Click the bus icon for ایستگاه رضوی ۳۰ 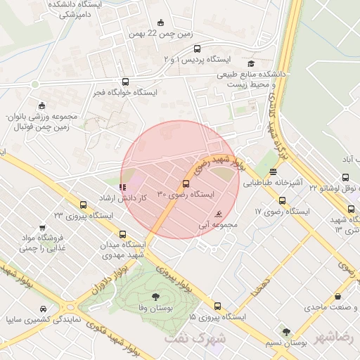click(x=186, y=184)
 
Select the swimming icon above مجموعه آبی click(x=218, y=214)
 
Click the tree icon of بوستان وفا click(x=155, y=296)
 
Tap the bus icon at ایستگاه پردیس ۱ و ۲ click(x=197, y=49)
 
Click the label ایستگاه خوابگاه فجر click(x=127, y=92)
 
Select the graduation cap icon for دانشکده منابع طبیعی click(x=250, y=63)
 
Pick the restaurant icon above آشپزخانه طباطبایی click(x=273, y=171)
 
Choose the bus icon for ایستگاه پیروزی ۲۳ click(x=84, y=205)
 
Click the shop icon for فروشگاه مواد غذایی click(x=44, y=228)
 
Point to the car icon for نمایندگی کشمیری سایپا click(x=44, y=309)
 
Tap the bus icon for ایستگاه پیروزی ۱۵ click(x=217, y=307)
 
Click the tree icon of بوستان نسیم click(x=286, y=332)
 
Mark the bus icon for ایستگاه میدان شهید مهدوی click(x=124, y=234)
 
